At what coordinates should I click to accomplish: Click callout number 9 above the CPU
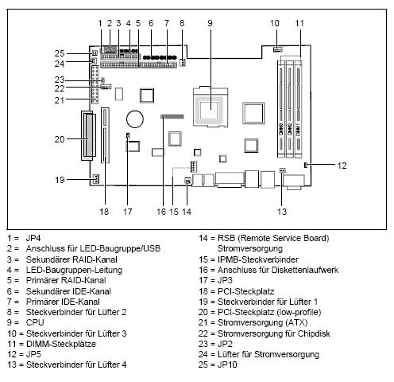pos(211,24)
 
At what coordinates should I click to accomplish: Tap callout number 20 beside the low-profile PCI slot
pos(58,138)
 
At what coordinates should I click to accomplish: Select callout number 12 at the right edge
pos(342,166)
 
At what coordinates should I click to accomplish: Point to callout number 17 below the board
pos(127,212)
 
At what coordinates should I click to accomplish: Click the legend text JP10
pos(230,364)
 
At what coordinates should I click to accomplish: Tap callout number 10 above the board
pos(275,24)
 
